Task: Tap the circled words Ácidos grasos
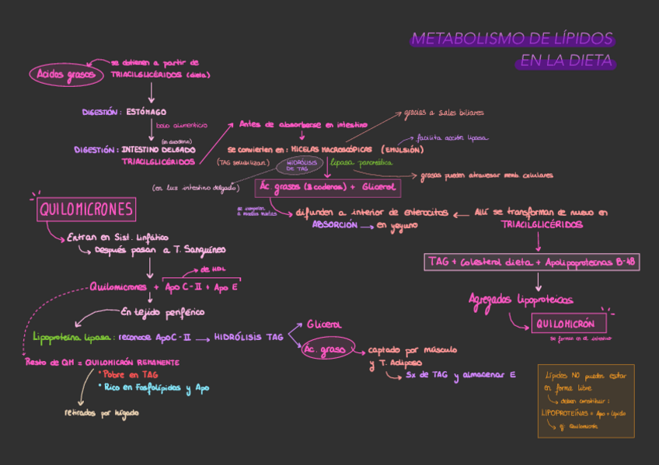(66, 75)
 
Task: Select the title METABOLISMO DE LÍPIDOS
(511, 39)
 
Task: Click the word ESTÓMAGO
(147, 112)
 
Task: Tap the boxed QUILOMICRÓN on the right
(564, 324)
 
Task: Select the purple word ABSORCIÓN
(335, 224)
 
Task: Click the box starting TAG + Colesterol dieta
(532, 262)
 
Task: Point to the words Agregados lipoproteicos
(521, 300)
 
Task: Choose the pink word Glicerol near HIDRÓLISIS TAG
(324, 324)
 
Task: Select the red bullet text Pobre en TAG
(130, 374)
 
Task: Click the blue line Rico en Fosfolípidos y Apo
(155, 387)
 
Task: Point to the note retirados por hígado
(102, 413)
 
